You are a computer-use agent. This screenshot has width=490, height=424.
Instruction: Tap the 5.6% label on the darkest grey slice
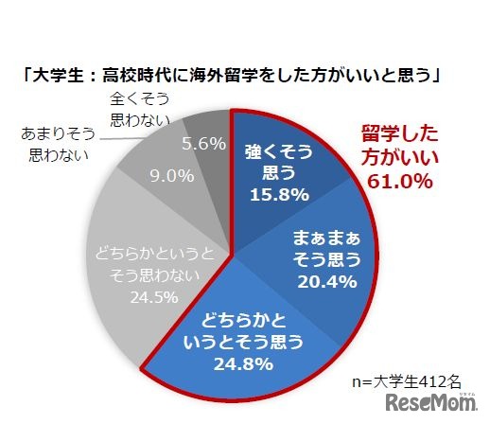[201, 143]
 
